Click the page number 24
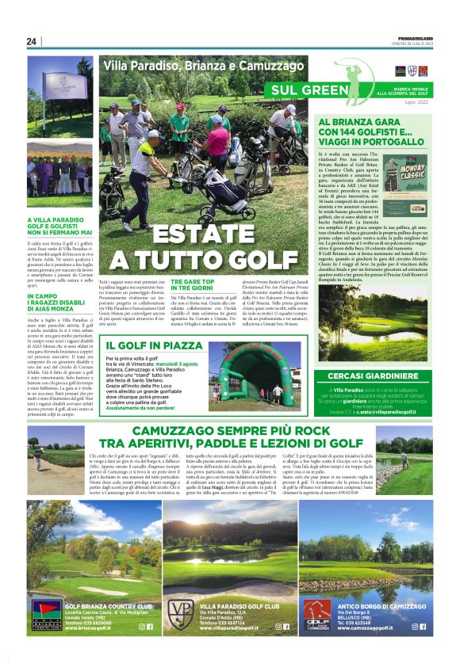pos(32,41)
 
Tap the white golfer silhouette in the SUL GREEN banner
pos(350,79)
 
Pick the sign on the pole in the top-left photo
pos(67,78)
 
